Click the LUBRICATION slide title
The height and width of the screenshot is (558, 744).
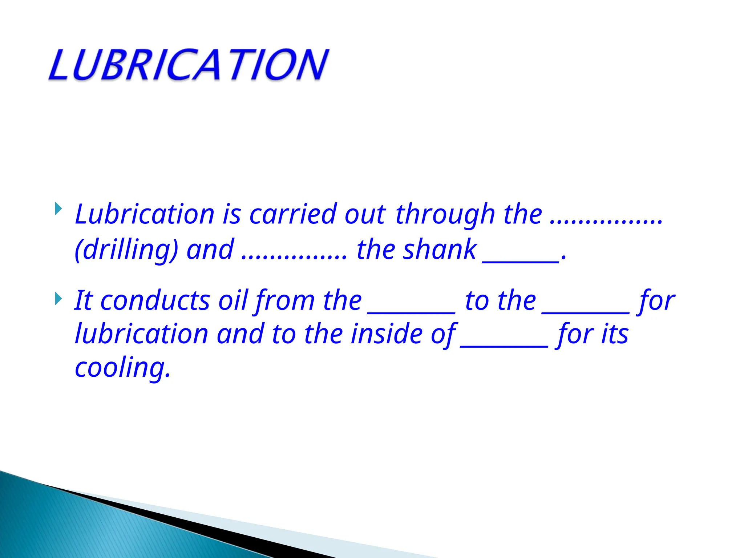[x=189, y=65]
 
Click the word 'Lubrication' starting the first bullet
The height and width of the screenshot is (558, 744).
[x=145, y=214]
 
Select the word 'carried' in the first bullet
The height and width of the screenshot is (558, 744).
[x=292, y=214]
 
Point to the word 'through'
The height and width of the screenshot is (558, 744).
[x=445, y=215]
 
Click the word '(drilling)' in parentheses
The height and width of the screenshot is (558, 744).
[x=126, y=250]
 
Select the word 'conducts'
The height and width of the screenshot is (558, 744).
[x=155, y=301]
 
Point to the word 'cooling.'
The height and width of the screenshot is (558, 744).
[x=122, y=368]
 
